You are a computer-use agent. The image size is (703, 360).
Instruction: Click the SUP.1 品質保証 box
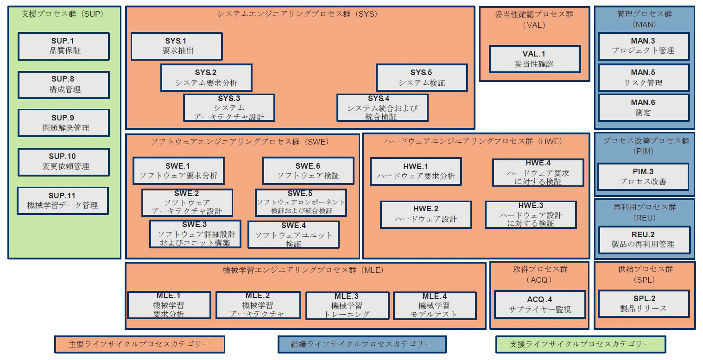(x=63, y=46)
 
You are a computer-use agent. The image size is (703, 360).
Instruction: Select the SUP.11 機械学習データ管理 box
(x=63, y=201)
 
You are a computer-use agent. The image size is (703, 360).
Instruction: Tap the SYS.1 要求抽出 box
(x=177, y=46)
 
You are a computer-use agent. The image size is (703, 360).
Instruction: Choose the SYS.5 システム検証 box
(x=421, y=77)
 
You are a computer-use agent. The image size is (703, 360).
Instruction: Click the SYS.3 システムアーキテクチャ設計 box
(x=229, y=107)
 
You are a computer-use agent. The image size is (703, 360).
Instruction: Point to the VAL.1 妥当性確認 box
(x=534, y=59)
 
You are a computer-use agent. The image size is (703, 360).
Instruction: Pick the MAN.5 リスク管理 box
(x=643, y=78)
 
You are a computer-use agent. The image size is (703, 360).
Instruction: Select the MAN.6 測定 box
(x=643, y=107)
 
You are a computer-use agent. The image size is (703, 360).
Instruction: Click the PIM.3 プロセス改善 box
(x=643, y=177)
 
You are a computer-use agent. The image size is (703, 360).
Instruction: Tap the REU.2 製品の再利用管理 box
(x=643, y=240)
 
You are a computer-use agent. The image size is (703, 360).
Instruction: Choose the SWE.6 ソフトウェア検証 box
(x=308, y=171)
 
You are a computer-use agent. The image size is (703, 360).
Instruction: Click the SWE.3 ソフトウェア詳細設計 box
(x=195, y=234)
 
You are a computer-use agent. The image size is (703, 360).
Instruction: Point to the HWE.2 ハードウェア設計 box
(x=425, y=214)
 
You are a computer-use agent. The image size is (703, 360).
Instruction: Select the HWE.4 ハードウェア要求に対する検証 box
(x=538, y=172)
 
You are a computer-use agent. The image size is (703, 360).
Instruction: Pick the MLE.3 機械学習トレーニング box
(x=347, y=305)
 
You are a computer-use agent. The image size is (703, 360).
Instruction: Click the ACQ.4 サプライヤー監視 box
(x=539, y=304)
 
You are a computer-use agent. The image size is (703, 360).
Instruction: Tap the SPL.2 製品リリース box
(x=643, y=303)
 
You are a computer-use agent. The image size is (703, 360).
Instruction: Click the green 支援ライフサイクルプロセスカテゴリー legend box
(x=580, y=344)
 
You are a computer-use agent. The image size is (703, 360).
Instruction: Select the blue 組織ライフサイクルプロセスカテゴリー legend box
(x=361, y=344)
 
